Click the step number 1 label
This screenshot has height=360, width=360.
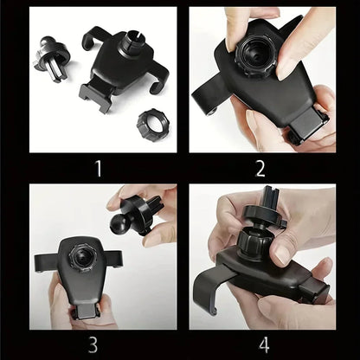pyautogui.click(x=97, y=167)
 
